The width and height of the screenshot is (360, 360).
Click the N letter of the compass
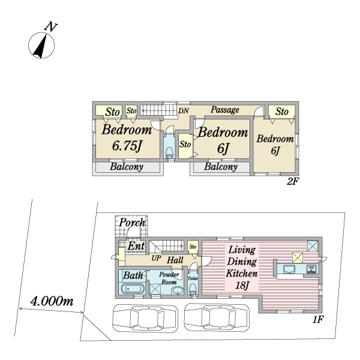click(50, 26)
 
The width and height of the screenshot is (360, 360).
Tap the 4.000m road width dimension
click(52, 301)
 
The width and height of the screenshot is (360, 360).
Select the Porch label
click(132, 223)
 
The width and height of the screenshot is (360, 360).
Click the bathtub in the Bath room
click(133, 289)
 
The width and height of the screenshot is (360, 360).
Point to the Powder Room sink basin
click(177, 291)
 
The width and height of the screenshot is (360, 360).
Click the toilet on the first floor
click(193, 289)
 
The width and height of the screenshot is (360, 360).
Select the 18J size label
click(242, 286)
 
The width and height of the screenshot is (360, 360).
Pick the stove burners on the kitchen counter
click(311, 269)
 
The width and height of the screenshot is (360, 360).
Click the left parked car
click(145, 318)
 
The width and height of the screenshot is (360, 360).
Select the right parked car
click(217, 318)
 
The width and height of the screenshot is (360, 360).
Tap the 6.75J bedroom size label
click(127, 146)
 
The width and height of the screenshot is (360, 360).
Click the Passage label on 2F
click(225, 110)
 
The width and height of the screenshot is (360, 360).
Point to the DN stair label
click(184, 111)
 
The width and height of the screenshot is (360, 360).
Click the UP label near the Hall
click(156, 258)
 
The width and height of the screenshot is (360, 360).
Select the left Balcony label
click(127, 167)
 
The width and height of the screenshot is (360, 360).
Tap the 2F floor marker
click(293, 182)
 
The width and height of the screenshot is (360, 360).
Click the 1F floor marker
click(318, 319)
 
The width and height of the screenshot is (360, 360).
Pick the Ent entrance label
click(136, 246)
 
